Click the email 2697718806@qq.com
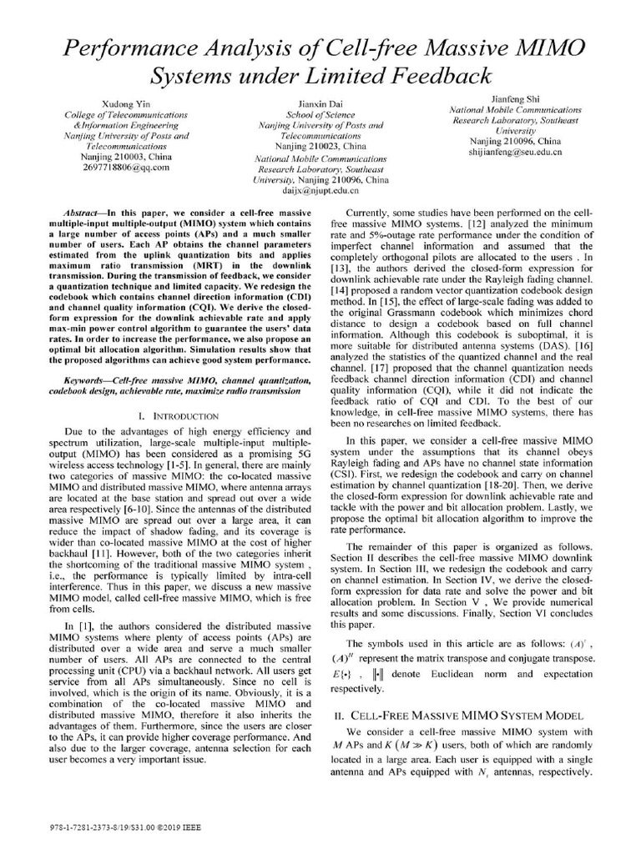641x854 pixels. pyautogui.click(x=126, y=167)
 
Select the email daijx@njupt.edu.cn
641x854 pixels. pyautogui.click(x=320, y=190)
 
